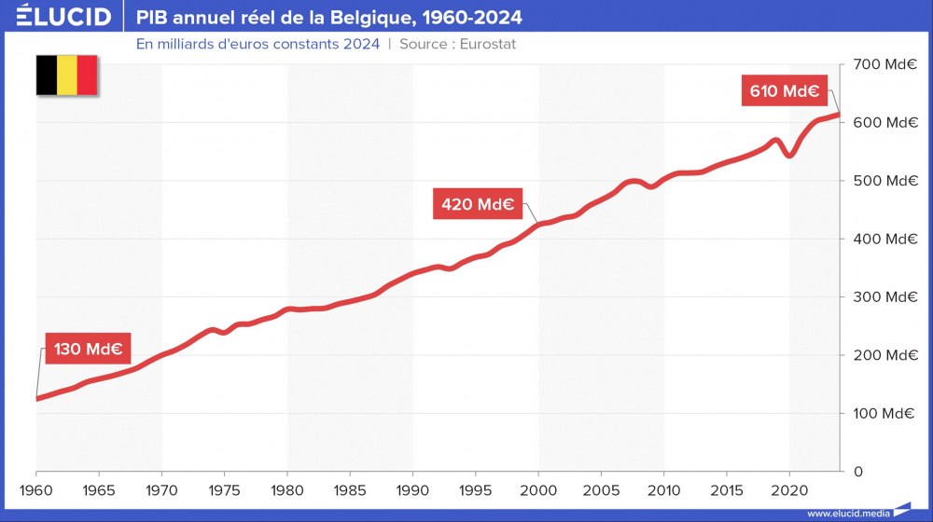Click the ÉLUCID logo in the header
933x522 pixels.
(63, 17)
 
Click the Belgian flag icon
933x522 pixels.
(67, 76)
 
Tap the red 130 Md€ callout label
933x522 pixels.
(88, 350)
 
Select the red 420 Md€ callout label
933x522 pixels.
(478, 204)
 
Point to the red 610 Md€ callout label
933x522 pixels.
(784, 91)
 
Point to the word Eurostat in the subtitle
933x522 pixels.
(488, 44)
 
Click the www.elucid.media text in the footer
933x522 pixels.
(847, 513)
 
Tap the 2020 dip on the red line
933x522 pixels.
(789, 155)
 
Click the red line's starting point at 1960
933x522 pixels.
(37, 398)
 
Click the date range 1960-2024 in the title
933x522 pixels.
(471, 18)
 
